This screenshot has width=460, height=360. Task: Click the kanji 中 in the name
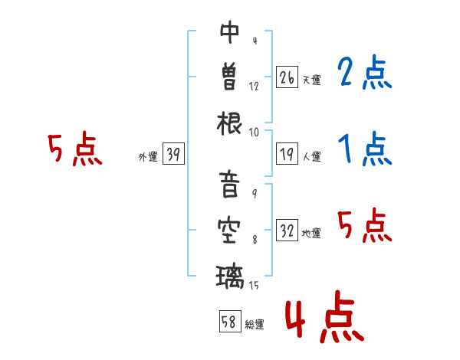[x=230, y=32]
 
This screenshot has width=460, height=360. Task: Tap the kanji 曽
[x=229, y=76]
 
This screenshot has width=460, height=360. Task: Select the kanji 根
[x=229, y=123]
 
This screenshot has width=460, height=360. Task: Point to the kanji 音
[x=229, y=184]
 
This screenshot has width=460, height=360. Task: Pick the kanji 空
[x=229, y=231]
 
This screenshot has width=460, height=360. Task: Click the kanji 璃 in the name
[x=230, y=277]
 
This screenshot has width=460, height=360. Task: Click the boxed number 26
[x=287, y=77]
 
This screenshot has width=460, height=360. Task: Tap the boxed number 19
[x=287, y=154]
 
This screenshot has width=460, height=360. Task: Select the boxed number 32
[x=287, y=230]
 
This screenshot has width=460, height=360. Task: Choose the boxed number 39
[x=173, y=153]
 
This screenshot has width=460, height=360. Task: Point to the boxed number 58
[x=230, y=321]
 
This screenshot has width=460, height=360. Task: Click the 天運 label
[x=312, y=80]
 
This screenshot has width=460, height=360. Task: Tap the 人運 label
[x=312, y=156]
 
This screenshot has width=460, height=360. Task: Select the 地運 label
[x=311, y=234]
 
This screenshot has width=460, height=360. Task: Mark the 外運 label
[x=148, y=157]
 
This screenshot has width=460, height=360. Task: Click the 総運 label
[x=255, y=325]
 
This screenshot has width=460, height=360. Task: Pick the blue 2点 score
[x=365, y=72]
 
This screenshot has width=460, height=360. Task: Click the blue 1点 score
[x=365, y=149]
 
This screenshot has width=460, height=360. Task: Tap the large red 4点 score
[x=324, y=316]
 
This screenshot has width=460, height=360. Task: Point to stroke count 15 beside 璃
[x=254, y=285]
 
